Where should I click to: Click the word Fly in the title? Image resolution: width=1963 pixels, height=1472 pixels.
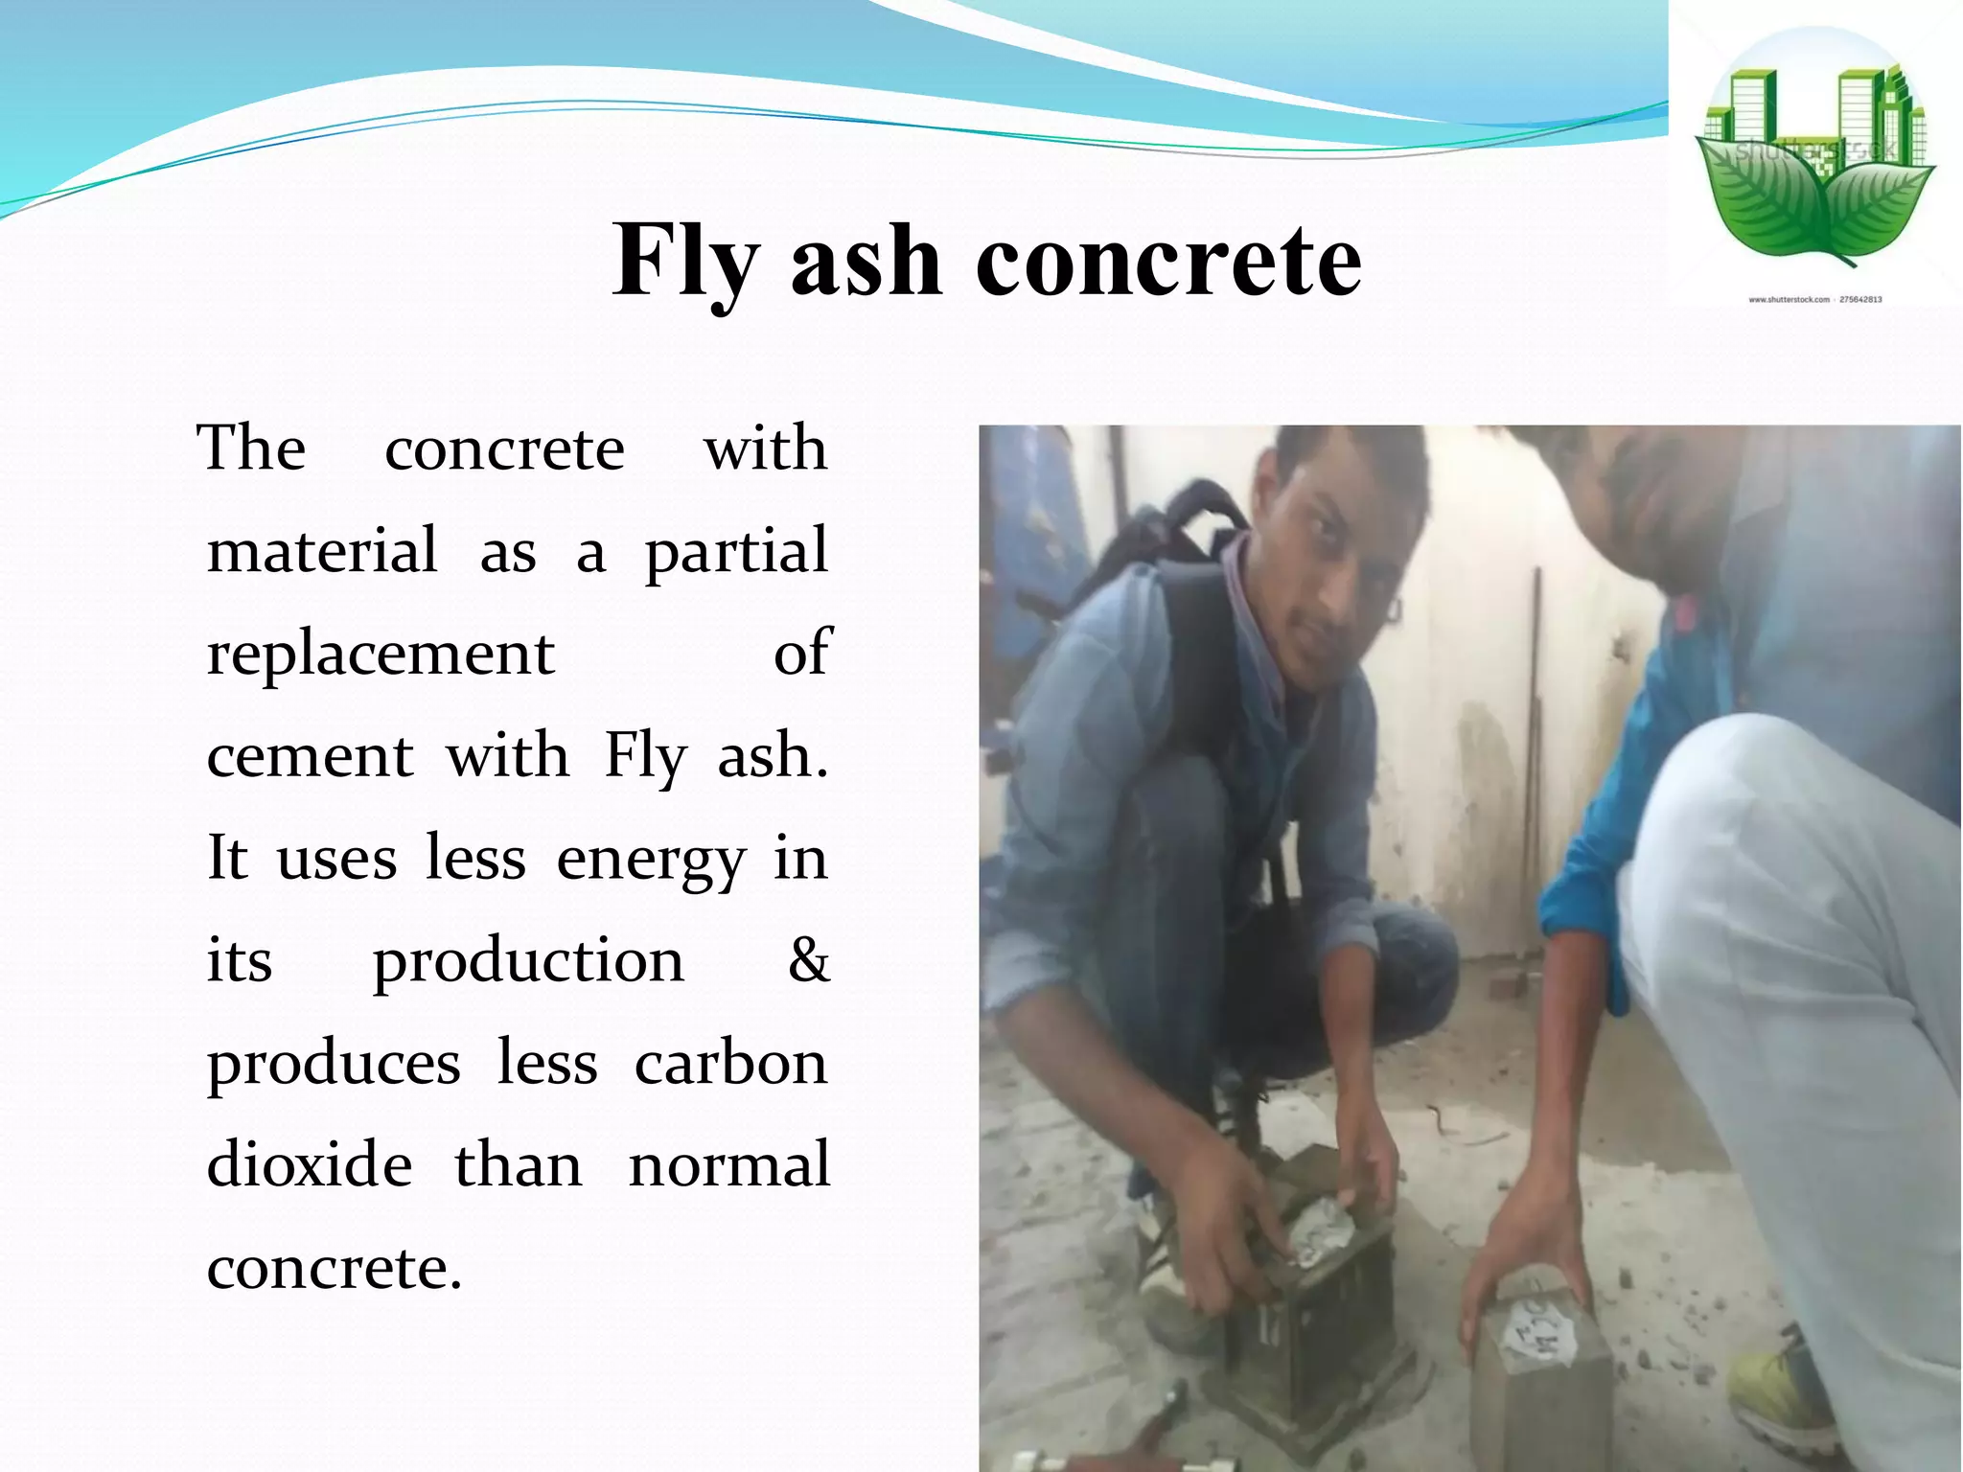[686, 261]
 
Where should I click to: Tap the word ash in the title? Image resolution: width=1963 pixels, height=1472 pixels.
[866, 261]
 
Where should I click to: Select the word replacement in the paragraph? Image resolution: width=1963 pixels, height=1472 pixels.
[381, 655]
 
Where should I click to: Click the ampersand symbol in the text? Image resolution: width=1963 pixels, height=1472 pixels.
[808, 959]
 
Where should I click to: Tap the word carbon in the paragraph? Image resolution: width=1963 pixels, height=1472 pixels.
[730, 1063]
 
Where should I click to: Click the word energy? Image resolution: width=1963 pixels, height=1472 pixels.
[650, 860]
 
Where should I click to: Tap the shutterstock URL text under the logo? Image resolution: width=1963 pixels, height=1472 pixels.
[1814, 300]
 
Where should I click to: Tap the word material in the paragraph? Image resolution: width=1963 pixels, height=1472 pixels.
[322, 552]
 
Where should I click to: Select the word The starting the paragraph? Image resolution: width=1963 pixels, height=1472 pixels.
[251, 448]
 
